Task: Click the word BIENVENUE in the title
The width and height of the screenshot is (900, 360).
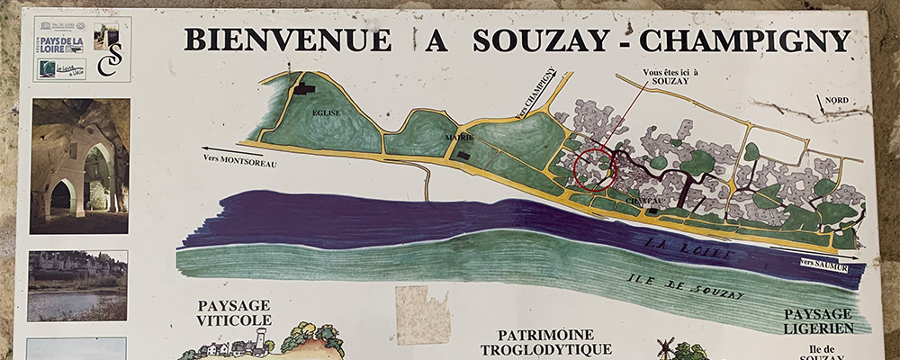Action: (x=287, y=40)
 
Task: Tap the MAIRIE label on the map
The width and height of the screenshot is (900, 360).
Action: (x=458, y=138)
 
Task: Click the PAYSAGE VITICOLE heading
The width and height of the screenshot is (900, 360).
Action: (x=234, y=312)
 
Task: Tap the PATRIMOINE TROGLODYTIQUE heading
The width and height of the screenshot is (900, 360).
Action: (x=534, y=340)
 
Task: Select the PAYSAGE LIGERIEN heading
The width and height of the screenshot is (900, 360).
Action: (x=817, y=320)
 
